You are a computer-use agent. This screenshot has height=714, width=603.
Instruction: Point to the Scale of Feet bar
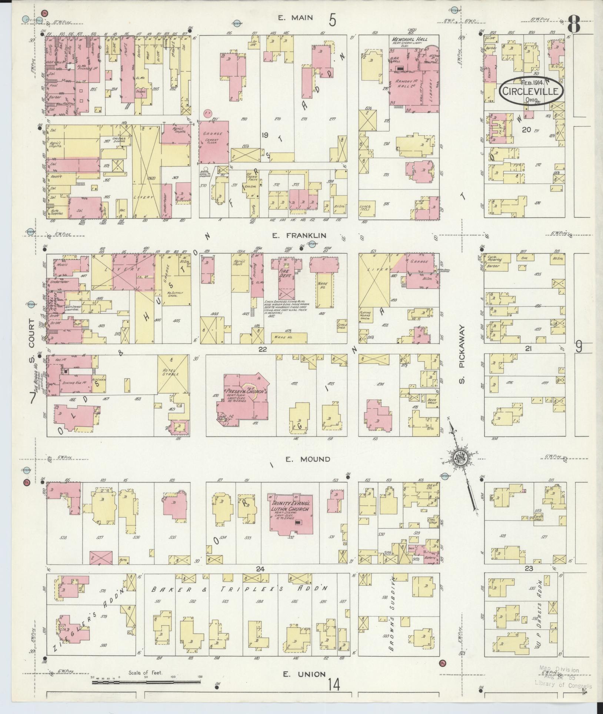click(146, 680)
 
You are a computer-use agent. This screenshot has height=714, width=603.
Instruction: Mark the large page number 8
click(574, 25)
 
